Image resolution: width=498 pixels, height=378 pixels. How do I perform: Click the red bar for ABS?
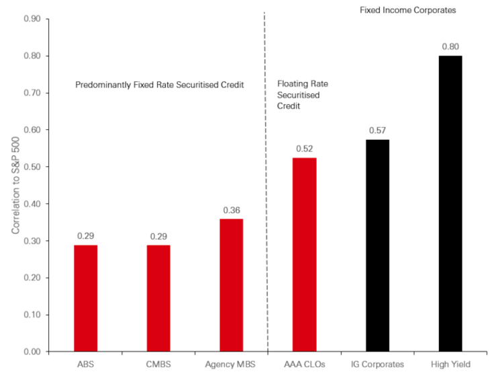85,298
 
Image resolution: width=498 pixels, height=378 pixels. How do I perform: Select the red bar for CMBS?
158,298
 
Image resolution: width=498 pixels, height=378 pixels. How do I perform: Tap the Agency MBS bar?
232,285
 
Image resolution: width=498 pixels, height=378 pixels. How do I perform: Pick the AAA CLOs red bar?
304,255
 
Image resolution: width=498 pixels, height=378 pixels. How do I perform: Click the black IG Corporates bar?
377,245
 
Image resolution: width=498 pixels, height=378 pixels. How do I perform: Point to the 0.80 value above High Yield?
450,46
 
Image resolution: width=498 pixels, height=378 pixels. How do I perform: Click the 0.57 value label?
377,130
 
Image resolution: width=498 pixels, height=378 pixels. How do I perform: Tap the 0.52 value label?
304,149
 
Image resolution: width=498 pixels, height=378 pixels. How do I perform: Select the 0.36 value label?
232,209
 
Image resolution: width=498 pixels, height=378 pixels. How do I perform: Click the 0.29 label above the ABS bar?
85,235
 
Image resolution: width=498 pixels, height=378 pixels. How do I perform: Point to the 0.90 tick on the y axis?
31,19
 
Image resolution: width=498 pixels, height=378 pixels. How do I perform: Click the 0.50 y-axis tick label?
31,167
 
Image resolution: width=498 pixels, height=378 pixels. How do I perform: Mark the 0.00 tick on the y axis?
31,352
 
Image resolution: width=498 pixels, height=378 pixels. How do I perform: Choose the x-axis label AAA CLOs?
304,365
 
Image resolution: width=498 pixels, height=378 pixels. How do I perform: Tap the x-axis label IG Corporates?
377,365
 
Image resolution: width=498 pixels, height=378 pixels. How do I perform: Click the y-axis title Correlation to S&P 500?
15,186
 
